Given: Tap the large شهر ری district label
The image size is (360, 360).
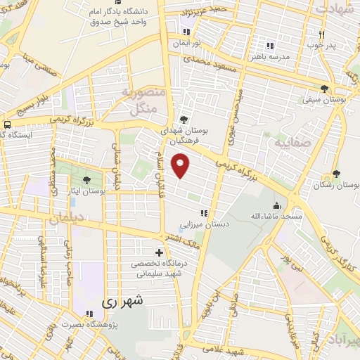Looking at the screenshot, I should (122, 301).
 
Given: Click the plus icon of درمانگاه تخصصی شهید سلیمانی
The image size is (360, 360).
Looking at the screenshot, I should (159, 252).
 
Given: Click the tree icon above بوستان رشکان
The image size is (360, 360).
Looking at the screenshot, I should (336, 174).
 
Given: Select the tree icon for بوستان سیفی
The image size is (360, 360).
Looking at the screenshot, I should (324, 89).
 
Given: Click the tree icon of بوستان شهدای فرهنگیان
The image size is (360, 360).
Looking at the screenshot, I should (184, 120).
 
